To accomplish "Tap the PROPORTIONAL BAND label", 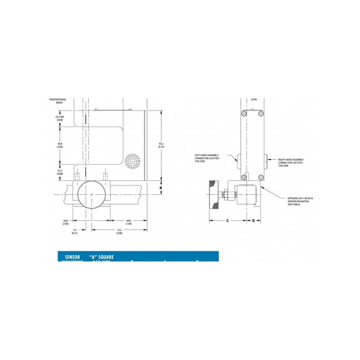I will pos(58,101).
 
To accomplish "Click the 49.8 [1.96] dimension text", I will pos(128,222).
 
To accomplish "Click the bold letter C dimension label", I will pos(228,220).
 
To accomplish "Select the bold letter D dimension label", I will pos(253,220).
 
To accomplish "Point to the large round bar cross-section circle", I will pos(91,194).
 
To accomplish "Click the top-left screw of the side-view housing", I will pos(244,114).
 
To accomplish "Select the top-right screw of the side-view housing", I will pos(261,114).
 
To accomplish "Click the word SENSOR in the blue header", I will pos(72,257).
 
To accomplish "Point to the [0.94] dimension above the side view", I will pos(254,99).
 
